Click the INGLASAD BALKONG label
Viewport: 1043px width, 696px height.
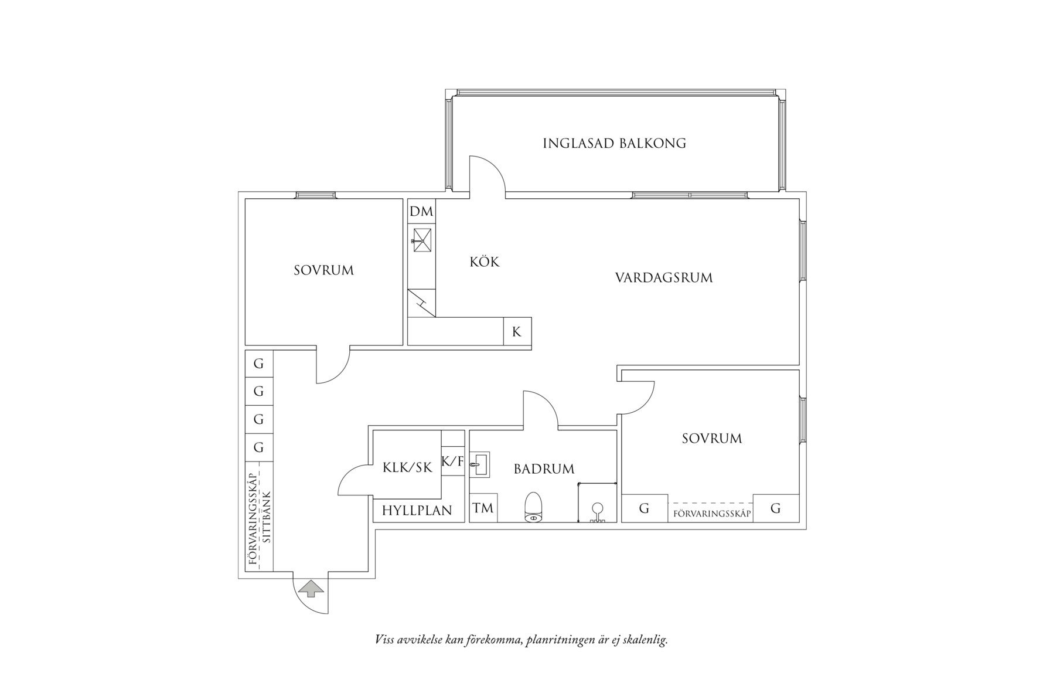tap(614, 143)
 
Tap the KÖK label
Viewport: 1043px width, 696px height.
tap(485, 262)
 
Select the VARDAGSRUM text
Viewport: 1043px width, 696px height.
tap(664, 277)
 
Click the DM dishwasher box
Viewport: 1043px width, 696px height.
tap(421, 211)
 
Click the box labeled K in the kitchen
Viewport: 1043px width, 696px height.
tap(517, 332)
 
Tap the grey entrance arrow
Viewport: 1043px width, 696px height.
tap(311, 589)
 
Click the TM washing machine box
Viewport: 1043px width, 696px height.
tap(483, 508)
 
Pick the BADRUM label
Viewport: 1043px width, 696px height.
tap(544, 469)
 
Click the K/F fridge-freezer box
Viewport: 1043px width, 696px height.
tap(452, 461)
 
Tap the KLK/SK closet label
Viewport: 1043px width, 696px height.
tap(407, 467)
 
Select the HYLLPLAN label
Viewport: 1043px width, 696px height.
tap(417, 511)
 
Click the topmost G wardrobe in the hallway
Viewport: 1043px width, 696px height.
tap(258, 364)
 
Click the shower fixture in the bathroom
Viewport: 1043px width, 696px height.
tap(597, 512)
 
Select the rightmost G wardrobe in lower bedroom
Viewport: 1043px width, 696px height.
tap(775, 508)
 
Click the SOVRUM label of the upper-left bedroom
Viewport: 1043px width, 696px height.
tap(323, 270)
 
